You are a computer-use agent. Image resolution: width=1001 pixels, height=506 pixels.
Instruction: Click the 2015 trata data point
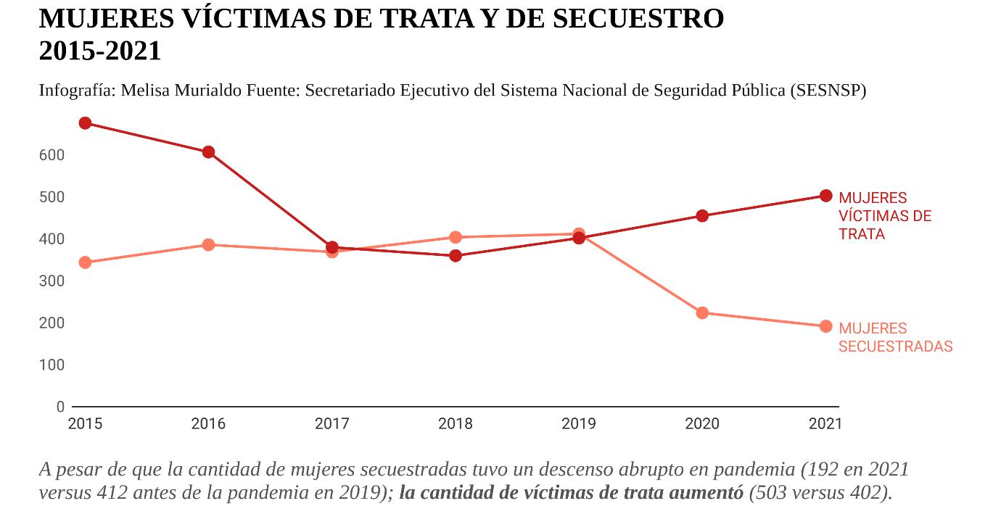coord(85,123)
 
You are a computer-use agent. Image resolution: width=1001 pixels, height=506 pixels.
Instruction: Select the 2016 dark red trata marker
coord(208,152)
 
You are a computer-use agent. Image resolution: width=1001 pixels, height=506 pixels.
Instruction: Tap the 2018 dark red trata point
coord(456,256)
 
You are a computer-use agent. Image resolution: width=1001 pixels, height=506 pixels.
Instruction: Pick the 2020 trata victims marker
coord(702,216)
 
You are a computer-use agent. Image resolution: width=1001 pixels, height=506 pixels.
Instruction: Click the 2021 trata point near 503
coord(825,196)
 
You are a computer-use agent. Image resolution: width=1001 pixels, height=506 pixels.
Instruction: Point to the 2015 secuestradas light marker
coord(85,262)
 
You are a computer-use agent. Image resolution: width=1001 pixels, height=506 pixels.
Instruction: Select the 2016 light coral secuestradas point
coord(208,244)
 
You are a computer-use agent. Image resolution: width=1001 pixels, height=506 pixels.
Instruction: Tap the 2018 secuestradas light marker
coord(456,237)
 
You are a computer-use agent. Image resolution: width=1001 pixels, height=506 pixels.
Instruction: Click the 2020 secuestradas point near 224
coord(702,313)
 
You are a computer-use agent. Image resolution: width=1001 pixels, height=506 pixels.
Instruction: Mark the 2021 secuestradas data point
coord(825,326)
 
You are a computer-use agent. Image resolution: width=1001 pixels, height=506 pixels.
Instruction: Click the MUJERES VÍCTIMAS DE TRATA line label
coord(885,216)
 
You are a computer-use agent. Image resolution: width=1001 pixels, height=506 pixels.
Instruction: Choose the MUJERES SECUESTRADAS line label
coord(895,338)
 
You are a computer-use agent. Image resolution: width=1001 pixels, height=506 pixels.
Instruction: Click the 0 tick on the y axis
coord(60,407)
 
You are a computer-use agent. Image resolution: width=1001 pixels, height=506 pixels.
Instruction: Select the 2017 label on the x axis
coord(332,424)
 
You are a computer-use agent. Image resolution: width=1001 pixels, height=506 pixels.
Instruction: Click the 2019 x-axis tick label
coord(579,424)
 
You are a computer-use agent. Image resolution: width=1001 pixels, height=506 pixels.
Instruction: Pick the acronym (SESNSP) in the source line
coord(828,91)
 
